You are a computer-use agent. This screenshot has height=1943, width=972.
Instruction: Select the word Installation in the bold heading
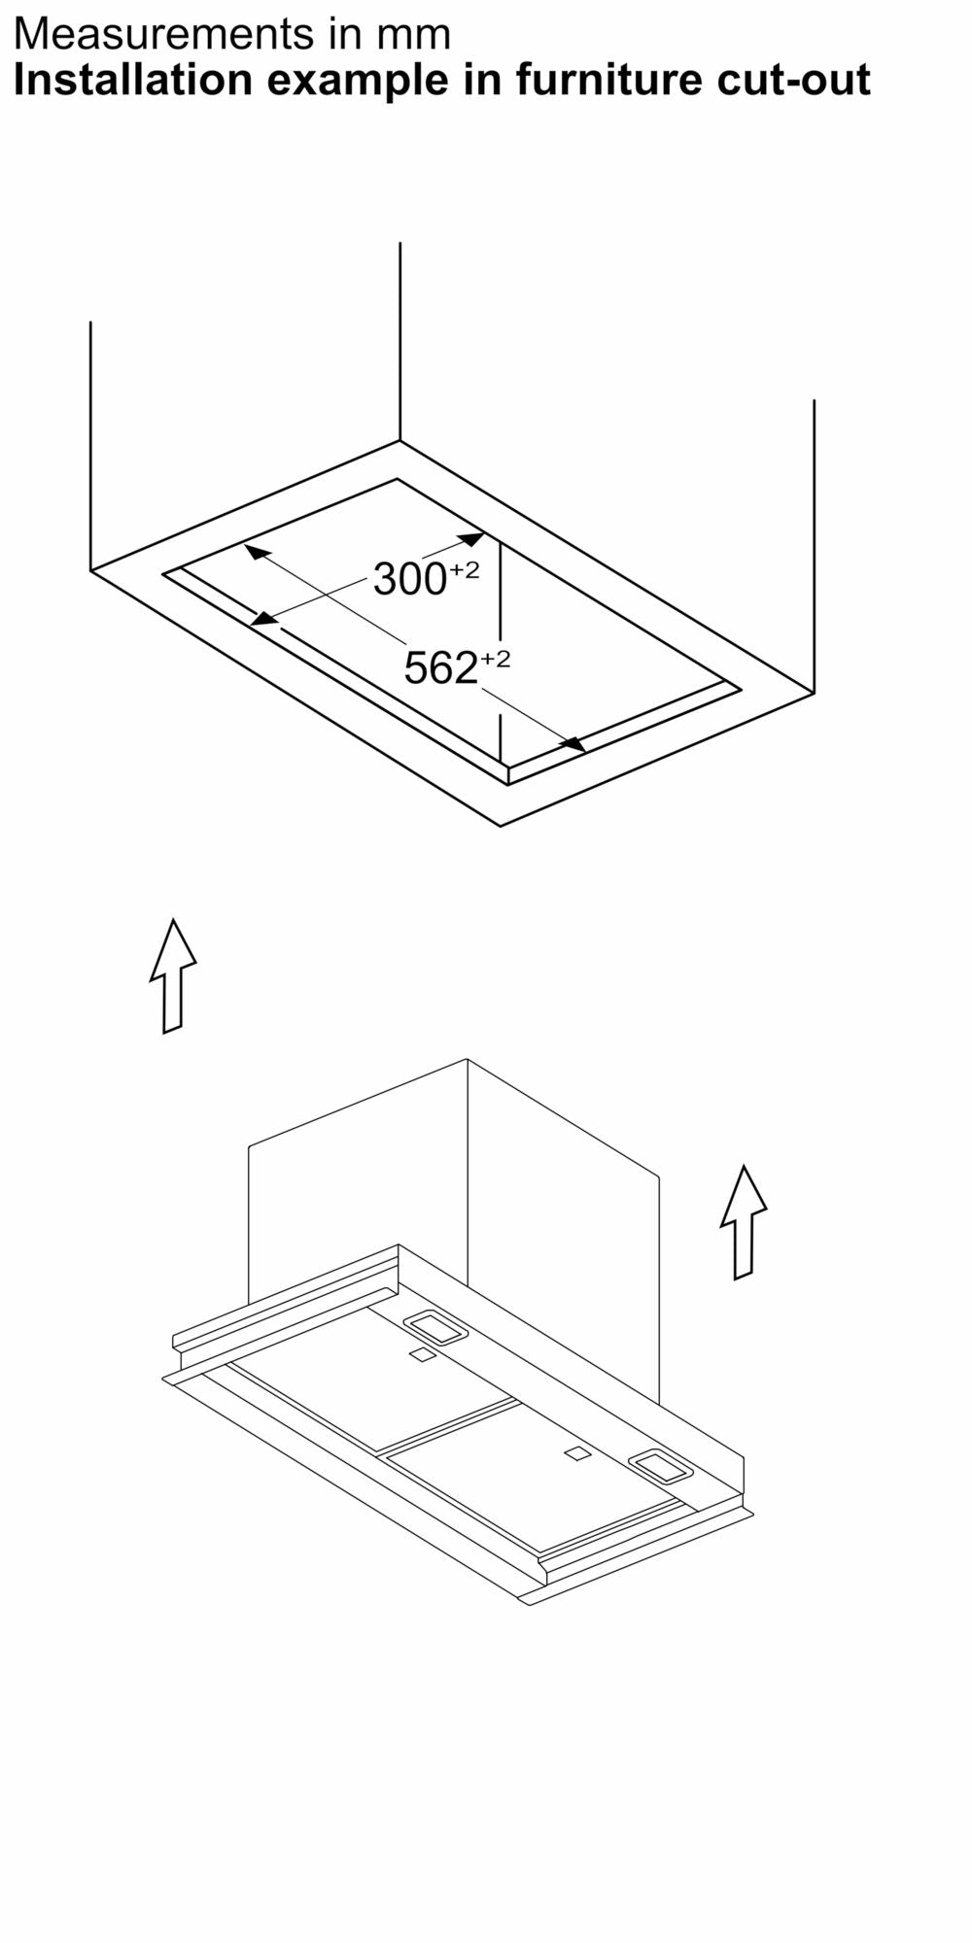click(133, 80)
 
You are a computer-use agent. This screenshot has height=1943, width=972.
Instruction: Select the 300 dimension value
click(409, 580)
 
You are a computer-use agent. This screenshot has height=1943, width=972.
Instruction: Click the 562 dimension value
click(440, 668)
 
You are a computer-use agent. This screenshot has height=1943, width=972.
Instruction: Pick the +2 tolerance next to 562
click(495, 659)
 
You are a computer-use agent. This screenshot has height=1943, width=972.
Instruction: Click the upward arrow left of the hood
click(173, 975)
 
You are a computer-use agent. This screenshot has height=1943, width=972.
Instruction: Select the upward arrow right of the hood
click(744, 1222)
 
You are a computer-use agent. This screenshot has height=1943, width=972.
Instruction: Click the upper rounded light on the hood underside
click(435, 1328)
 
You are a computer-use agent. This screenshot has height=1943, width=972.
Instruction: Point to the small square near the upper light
click(422, 1355)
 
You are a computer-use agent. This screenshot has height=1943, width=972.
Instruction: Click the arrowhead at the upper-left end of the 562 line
click(257, 552)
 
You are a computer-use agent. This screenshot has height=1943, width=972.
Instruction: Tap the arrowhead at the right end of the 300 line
click(471, 538)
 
